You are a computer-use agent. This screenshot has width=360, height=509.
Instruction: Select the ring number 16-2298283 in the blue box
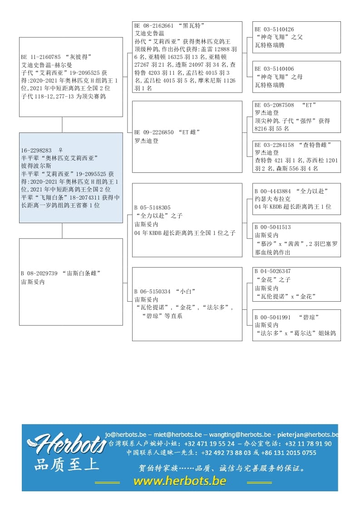coord(36,150)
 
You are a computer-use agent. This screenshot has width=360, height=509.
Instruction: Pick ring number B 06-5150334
coord(152,291)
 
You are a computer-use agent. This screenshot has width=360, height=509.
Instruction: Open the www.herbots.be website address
coord(179,481)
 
